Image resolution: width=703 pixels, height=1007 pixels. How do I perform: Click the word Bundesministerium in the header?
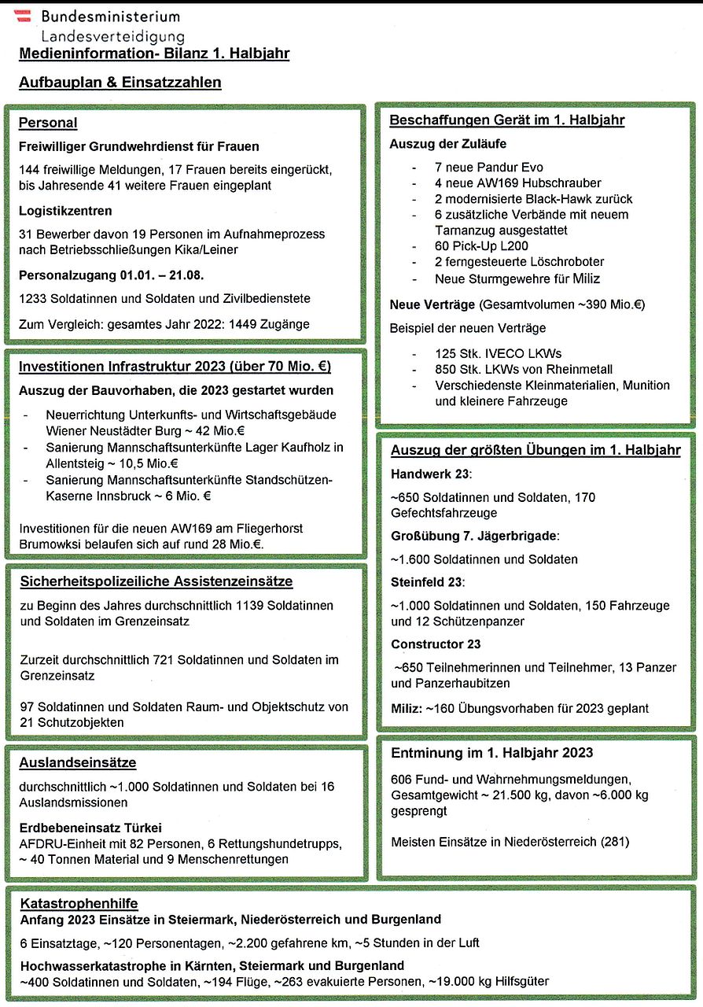110,17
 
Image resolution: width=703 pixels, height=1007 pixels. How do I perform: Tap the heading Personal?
48,123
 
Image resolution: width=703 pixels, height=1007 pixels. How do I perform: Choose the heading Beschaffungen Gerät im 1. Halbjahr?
507,120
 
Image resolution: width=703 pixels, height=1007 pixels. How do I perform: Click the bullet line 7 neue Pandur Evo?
488,168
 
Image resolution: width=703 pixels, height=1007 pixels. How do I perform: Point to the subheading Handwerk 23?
429,474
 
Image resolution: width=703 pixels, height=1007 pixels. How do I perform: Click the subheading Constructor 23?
436,644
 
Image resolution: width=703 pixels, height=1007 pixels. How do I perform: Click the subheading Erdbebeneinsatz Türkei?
90,828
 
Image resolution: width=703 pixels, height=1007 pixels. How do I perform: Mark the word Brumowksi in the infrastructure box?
46,544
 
